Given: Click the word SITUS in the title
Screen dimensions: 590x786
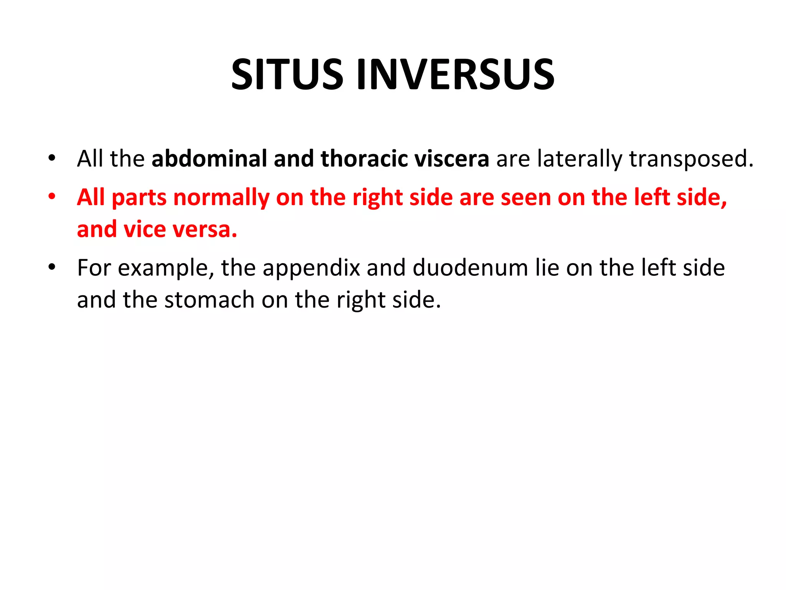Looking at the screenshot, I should [x=287, y=75].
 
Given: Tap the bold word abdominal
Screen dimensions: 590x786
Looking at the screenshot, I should [x=209, y=158].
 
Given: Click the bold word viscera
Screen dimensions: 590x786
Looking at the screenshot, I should [x=451, y=158].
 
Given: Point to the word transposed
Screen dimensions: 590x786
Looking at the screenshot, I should [x=691, y=159].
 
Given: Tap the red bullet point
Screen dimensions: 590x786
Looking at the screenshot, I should [x=52, y=197].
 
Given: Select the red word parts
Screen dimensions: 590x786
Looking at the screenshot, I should [x=139, y=198].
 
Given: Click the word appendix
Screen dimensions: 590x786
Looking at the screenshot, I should [x=311, y=268].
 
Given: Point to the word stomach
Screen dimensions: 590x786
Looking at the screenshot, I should [x=210, y=300].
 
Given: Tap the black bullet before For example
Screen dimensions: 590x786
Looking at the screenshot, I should [x=52, y=267].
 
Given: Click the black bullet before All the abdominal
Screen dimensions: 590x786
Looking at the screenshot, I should [x=52, y=158].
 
